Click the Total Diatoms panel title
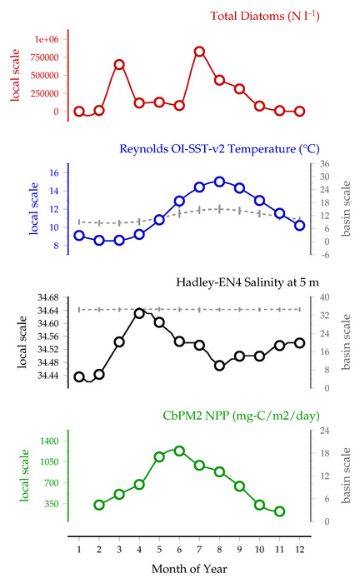coord(265,16)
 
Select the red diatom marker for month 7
coord(199,52)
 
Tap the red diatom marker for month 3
coord(119,65)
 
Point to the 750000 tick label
coord(45,57)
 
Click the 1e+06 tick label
coord(47,39)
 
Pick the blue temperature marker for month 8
coord(219,182)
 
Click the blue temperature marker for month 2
coord(99,241)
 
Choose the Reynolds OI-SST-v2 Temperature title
coord(219,149)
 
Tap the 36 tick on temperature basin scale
coord(325,164)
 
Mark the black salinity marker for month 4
coord(139,313)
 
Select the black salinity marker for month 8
coord(219,366)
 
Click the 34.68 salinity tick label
coord(48,297)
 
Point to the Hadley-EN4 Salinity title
coord(247,282)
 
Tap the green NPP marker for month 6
coord(179,451)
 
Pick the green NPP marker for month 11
coord(280,511)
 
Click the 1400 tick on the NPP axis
coord(50,441)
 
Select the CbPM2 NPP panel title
coord(242,416)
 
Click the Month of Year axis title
coord(189,569)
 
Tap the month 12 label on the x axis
coord(300,549)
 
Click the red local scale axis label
coord(15,75)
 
